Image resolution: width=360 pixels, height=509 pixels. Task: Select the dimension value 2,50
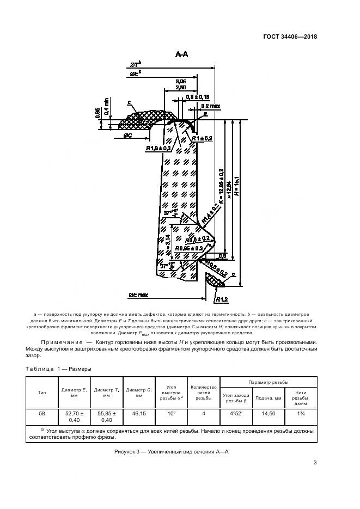[181, 87]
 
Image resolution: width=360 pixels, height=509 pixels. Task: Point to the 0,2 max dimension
[210, 106]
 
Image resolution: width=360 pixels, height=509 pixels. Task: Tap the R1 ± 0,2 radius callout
[202, 139]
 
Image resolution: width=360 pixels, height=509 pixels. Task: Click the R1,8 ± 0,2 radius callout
[158, 148]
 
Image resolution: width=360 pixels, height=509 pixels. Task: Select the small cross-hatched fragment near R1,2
[214, 280]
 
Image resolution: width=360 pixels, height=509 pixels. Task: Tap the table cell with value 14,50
[269, 414]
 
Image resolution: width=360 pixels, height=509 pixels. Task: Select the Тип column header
[42, 392]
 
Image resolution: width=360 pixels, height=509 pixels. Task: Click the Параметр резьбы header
[268, 382]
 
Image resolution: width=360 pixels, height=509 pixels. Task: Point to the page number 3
[315, 463]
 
